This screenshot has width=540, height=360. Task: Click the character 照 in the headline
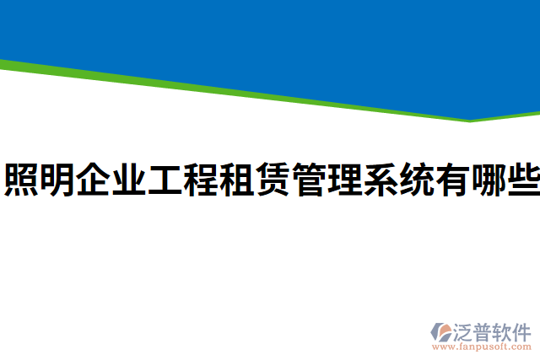click(22, 180)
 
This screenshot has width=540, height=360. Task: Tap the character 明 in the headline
click(58, 180)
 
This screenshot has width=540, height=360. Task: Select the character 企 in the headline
click(94, 180)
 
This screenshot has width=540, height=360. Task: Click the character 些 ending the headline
click(523, 180)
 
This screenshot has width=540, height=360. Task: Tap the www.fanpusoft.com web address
click(482, 347)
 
